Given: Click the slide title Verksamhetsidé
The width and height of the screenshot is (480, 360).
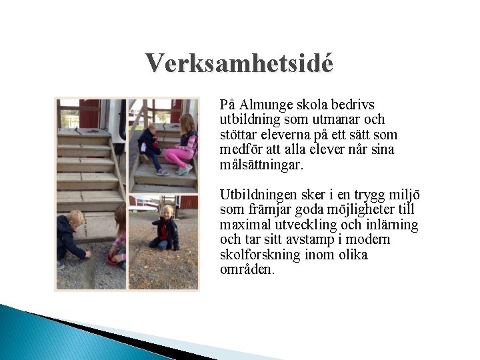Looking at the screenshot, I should point(239,63).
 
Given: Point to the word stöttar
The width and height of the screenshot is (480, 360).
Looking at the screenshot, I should point(237,135).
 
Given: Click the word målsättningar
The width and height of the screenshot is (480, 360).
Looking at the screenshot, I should point(261,165).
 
